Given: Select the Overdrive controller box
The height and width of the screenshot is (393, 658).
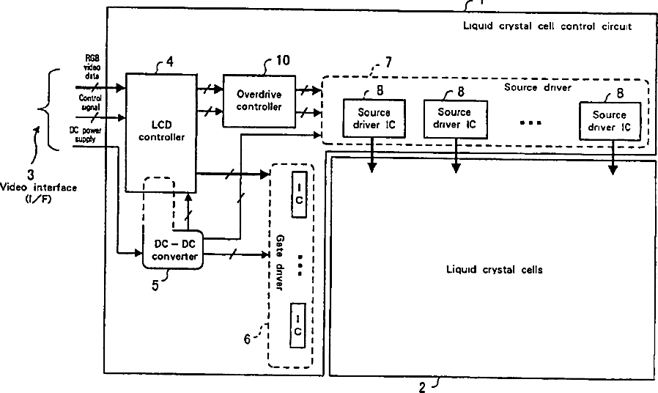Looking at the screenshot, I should coord(259,100).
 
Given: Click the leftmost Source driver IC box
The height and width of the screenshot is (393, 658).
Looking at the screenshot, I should coord(374,118).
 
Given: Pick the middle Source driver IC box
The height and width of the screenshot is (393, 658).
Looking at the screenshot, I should coord(455,118).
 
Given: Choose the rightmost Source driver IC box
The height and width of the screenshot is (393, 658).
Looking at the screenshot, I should coord(610,120).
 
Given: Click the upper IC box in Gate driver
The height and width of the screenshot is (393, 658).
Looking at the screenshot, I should coord(298,194).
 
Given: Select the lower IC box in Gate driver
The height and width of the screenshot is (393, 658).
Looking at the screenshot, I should coord(298,325).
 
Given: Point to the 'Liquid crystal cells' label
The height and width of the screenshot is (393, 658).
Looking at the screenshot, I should coord(495,270).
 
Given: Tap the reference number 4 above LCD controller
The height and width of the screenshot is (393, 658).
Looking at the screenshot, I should coord(169,62).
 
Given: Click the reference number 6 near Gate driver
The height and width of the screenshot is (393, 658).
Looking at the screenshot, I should coord(248,338).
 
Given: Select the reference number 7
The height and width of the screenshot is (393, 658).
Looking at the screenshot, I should coord(388,62).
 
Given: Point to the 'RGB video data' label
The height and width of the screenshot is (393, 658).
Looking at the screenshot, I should coord(92,67).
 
